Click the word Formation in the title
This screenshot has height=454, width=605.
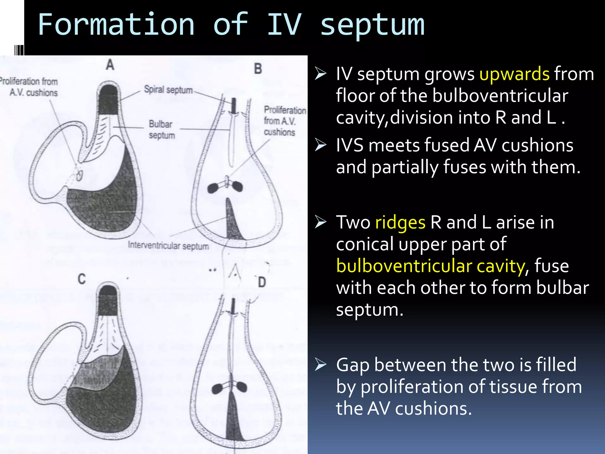click(x=116, y=25)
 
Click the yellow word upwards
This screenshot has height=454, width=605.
click(x=514, y=74)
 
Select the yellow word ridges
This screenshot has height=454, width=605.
click(x=400, y=222)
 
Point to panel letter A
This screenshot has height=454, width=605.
click(x=110, y=65)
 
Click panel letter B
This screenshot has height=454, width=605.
click(x=258, y=69)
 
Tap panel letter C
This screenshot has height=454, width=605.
click(x=82, y=279)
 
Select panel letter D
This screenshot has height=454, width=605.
click(x=262, y=282)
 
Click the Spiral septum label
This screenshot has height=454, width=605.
click(x=168, y=90)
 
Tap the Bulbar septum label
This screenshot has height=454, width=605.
click(x=161, y=129)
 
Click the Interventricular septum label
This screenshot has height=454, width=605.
click(x=168, y=246)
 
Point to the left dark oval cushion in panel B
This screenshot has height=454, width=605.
click(x=213, y=188)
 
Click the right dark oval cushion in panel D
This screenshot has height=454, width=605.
click(x=241, y=386)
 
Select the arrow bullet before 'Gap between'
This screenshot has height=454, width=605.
click(x=321, y=364)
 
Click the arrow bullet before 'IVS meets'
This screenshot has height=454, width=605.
click(x=321, y=145)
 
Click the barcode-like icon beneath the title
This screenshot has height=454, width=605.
click(x=19, y=50)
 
